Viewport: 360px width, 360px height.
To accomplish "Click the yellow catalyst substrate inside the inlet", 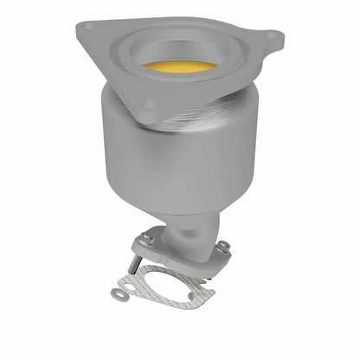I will [x=179, y=67].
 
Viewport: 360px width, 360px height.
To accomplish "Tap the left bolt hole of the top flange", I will [x=87, y=28].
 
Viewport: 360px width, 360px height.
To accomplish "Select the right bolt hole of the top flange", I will [x=272, y=36].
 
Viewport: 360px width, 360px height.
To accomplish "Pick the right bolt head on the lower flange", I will [x=222, y=247].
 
